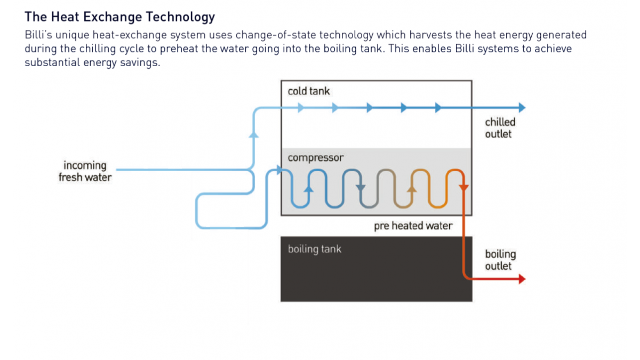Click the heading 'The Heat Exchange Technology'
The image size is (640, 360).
[x=119, y=17]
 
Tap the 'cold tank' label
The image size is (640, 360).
[x=309, y=91]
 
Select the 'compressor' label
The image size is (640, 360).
[x=315, y=158]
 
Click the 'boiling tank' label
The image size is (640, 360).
[x=314, y=249]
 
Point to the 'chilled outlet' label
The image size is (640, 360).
[x=500, y=128]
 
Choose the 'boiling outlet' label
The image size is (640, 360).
[x=500, y=260]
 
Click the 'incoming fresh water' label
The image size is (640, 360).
[x=85, y=171]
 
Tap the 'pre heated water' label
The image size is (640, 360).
[x=413, y=226]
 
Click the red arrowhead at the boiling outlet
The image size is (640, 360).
[x=522, y=279]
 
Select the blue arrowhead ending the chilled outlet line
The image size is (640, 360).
[x=522, y=107]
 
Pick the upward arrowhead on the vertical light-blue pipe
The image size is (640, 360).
[x=254, y=134]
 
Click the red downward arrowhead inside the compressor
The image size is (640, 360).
[x=463, y=188]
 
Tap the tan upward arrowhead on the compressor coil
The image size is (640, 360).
[x=412, y=189]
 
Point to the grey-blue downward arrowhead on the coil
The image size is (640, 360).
[x=361, y=188]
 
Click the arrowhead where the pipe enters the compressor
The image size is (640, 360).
[x=279, y=170]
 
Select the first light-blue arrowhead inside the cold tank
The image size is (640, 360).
[x=301, y=108]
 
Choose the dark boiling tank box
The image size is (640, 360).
[x=377, y=269]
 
